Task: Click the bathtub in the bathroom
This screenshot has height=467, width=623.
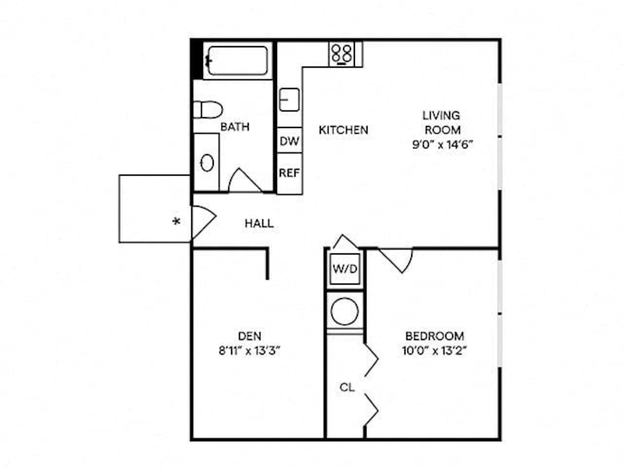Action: tap(237, 60)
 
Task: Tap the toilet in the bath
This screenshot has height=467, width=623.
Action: tap(208, 109)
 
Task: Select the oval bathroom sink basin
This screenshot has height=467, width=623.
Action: tap(207, 162)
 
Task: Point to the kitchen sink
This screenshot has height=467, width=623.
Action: tap(289, 100)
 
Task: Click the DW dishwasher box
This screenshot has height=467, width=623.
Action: tap(290, 142)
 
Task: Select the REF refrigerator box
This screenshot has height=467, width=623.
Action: tap(290, 173)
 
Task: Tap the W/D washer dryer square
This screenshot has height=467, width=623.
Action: tap(345, 269)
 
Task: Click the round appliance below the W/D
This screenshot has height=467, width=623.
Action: tap(345, 310)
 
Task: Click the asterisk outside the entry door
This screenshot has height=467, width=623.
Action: tap(177, 222)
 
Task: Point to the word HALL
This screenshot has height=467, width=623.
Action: tap(259, 224)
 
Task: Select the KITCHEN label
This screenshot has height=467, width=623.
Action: tap(343, 130)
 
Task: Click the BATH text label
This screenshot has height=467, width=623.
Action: tap(235, 127)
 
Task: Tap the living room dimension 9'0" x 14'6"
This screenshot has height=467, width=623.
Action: tap(442, 144)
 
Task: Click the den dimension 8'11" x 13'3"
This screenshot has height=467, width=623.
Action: tap(250, 351)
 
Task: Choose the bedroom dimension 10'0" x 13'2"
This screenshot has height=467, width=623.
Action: tap(435, 351)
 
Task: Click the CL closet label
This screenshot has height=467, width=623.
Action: tap(347, 388)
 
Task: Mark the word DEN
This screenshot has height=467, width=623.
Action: tap(250, 336)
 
